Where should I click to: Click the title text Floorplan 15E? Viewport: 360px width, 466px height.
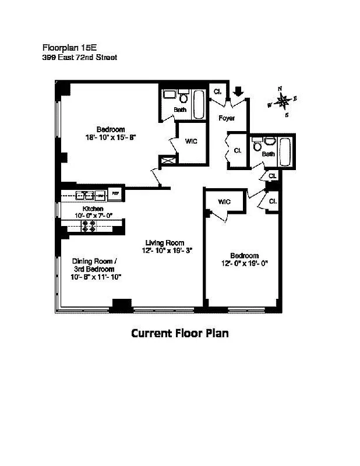[68, 47]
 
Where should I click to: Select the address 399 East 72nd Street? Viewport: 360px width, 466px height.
[80, 57]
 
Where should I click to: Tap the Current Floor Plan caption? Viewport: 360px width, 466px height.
[179, 333]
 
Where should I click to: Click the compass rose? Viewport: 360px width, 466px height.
[283, 100]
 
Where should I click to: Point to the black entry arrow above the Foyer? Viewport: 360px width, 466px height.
[238, 91]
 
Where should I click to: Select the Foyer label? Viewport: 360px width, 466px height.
[226, 118]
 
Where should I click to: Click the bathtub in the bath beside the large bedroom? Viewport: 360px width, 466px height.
[199, 104]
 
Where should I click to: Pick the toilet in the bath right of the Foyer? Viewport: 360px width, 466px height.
[269, 140]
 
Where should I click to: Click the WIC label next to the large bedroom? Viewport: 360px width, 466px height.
[192, 141]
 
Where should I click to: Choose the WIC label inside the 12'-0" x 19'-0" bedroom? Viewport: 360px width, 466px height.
[224, 202]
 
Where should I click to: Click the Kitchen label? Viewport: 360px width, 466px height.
[93, 209]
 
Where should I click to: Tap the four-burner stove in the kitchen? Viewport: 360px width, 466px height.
[90, 226]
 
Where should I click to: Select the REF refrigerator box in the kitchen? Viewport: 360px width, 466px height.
[115, 193]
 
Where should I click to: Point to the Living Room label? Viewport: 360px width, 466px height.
[165, 243]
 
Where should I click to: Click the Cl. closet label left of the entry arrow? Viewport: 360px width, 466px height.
[217, 91]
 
